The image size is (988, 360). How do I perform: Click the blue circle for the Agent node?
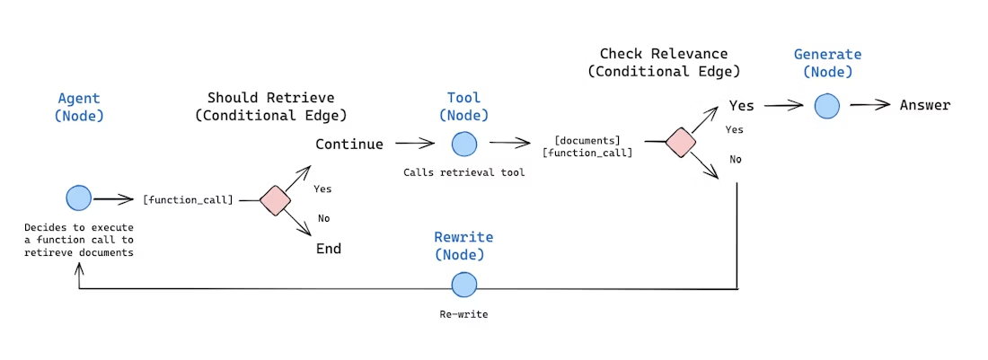[79, 199]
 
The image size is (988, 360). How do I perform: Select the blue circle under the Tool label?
[463, 144]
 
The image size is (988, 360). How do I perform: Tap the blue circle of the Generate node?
[827, 106]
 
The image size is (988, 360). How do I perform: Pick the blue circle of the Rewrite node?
[463, 285]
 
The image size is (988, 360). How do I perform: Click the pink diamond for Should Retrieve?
[273, 200]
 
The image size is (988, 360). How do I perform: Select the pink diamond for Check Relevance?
[680, 143]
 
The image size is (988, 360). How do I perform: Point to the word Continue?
[348, 144]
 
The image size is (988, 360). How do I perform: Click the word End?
[329, 249]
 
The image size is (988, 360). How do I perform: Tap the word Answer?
[924, 106]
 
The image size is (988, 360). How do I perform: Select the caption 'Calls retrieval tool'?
[463, 172]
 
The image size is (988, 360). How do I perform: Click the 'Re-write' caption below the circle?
[463, 314]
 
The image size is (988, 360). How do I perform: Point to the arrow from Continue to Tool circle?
[415, 143]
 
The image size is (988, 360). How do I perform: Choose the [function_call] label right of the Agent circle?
[188, 199]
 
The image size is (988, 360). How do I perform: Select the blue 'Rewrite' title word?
[463, 238]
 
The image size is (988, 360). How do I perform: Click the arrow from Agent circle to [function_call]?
[114, 199]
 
